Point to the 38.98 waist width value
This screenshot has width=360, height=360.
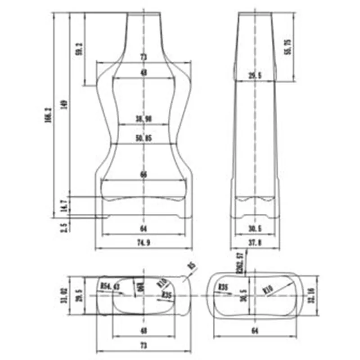[144, 119]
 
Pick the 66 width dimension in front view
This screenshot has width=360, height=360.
[144, 175]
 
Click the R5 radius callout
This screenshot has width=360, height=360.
[192, 266]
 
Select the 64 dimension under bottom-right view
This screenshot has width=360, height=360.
[255, 331]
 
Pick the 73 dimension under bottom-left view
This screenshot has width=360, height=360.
[144, 346]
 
